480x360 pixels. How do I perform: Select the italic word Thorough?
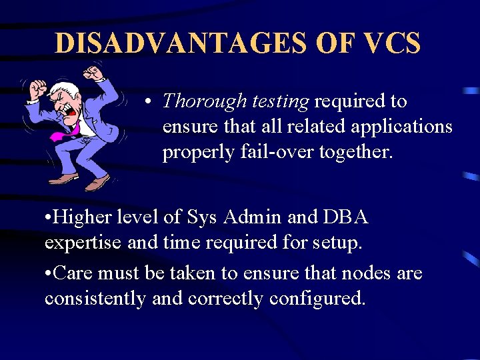tap(205, 101)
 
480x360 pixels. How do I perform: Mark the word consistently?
tap(95, 299)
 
